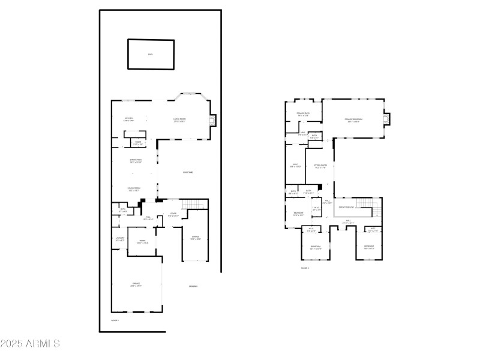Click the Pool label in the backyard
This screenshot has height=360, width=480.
[151, 55]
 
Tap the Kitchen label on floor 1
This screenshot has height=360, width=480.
[128, 119]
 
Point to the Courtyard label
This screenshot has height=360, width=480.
[188, 172]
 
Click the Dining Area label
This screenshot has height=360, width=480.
[136, 160]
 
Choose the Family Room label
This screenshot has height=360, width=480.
[134, 189]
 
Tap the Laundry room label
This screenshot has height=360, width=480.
[119, 239]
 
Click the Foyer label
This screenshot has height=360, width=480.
[173, 214]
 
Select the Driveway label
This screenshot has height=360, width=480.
[193, 286]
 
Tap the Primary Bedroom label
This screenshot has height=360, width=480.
[353, 120]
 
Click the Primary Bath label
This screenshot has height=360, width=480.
[303, 114]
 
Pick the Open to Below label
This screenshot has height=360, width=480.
[346, 207]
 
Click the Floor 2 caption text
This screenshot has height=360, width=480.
[305, 268]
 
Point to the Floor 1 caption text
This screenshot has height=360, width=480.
[115, 320]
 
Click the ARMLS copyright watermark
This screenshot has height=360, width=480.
[30, 344]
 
